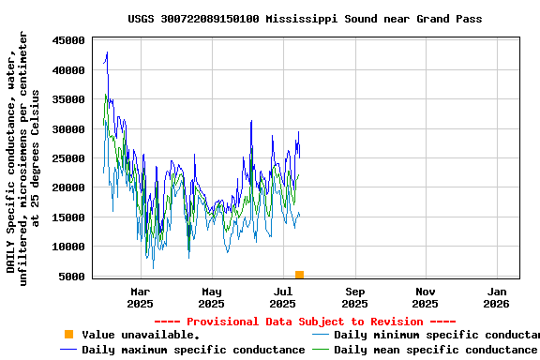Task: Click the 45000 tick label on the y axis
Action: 68,40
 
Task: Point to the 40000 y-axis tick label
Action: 68,70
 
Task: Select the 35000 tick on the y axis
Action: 68,99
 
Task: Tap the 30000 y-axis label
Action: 68,129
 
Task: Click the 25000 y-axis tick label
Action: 68,158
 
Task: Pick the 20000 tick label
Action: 68,188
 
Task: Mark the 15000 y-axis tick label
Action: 68,217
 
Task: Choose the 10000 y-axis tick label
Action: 68,247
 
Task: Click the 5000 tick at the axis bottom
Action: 72,277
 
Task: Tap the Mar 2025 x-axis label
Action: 140,297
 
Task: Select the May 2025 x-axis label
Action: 212,297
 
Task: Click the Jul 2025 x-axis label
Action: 282,297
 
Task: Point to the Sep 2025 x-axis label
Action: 354,297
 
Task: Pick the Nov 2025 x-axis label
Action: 426,297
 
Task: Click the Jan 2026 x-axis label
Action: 497,297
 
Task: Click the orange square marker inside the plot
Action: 299,275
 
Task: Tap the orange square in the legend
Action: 68,335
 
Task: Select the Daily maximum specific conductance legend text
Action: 193,350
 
